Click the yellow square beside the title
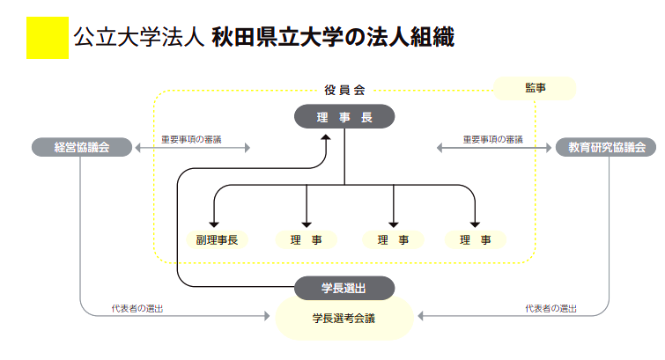pyautogui.click(x=47, y=38)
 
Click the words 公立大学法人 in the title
pyautogui.click(x=139, y=38)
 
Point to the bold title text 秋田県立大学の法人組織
pyautogui.click(x=332, y=38)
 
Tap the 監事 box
pyautogui.click(x=535, y=88)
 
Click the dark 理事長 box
pyautogui.click(x=344, y=117)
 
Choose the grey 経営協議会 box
pyautogui.click(x=82, y=147)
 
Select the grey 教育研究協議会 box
pyautogui.click(x=607, y=147)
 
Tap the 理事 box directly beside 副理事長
pyautogui.click(x=306, y=239)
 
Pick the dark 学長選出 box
pyautogui.click(x=344, y=288)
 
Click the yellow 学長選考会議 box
pyautogui.click(x=344, y=318)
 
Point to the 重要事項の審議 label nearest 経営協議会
pyautogui.click(x=191, y=139)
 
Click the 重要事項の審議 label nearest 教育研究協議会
pyautogui.click(x=493, y=139)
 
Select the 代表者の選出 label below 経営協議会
pyautogui.click(x=137, y=308)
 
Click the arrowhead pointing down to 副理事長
pyautogui.click(x=213, y=224)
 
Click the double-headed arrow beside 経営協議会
pyautogui.click(x=194, y=148)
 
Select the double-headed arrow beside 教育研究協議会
pyautogui.click(x=493, y=148)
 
